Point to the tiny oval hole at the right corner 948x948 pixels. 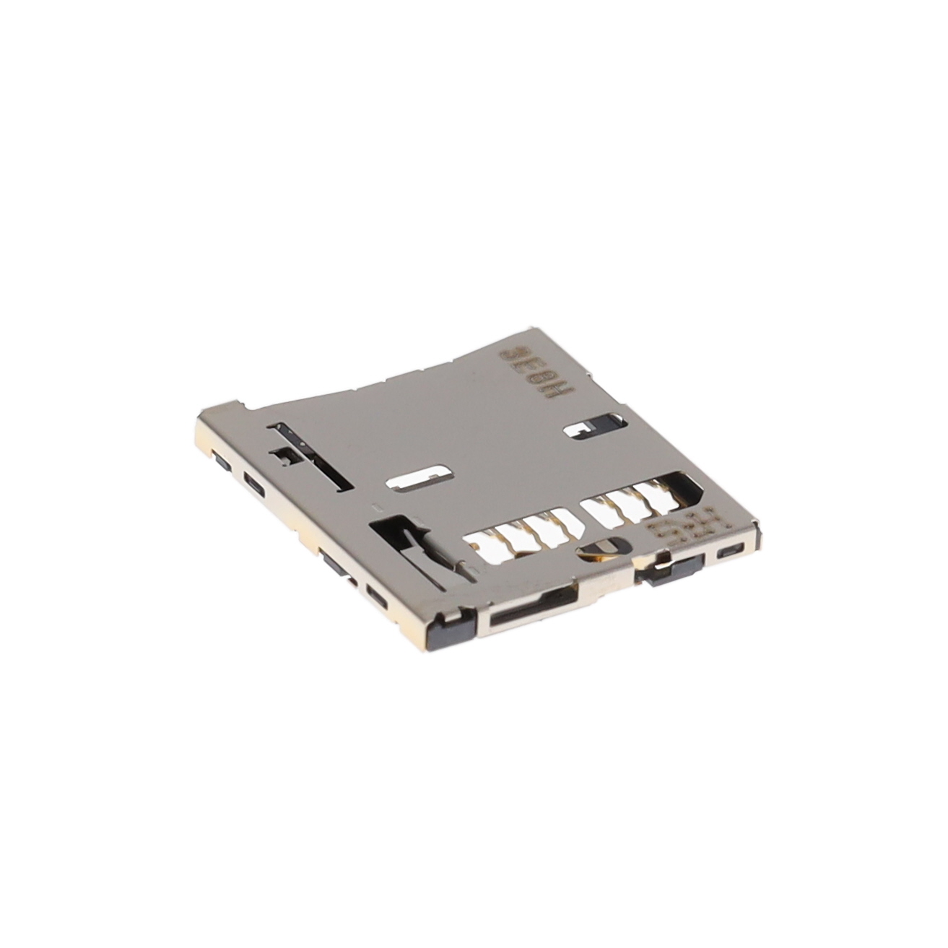(729, 552)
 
